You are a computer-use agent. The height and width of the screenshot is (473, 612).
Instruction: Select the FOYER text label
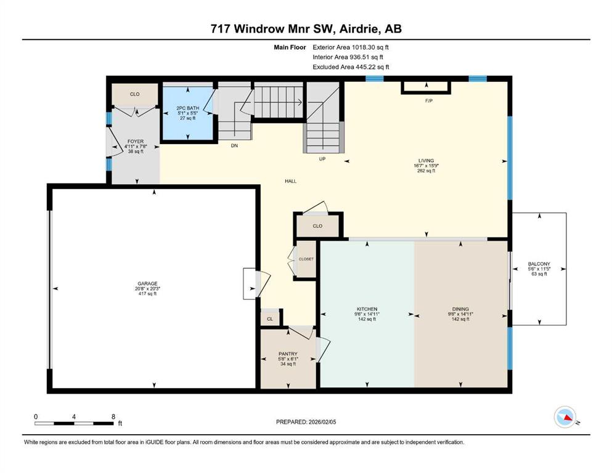click(135, 142)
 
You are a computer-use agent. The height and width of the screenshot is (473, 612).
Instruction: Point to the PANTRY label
click(288, 354)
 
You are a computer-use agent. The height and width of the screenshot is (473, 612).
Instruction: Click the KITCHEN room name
click(367, 309)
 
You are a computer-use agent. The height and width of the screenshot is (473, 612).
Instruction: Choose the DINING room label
click(460, 309)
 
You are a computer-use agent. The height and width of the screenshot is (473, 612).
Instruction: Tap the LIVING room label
click(426, 160)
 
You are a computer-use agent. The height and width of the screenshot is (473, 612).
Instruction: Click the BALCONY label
click(539, 264)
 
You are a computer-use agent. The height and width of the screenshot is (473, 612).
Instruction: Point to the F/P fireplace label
click(429, 100)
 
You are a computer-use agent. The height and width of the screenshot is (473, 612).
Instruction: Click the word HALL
click(291, 181)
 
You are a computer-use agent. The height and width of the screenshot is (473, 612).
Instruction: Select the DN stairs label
click(234, 146)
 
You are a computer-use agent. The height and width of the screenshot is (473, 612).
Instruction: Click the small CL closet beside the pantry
click(270, 319)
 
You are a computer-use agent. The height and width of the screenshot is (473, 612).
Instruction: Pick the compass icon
click(565, 418)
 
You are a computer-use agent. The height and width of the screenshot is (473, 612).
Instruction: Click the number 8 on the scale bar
click(113, 416)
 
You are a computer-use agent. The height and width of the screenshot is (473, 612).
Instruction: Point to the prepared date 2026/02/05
click(306, 422)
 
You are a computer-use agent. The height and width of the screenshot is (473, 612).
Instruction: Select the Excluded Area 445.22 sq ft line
click(351, 67)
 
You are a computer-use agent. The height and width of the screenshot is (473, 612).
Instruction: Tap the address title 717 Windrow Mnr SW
click(306, 28)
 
